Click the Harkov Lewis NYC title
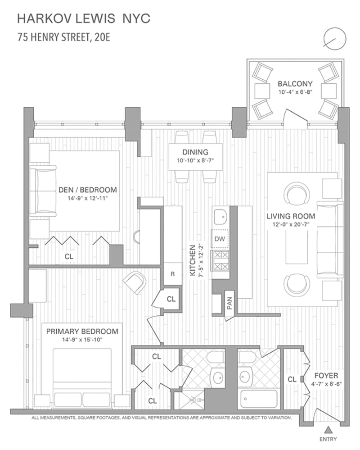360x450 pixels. point(84,19)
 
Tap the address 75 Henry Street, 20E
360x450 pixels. point(63,37)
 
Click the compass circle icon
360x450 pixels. point(335,39)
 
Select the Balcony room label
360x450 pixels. point(295,84)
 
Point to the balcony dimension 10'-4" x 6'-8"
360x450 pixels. point(295,92)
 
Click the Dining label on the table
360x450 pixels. point(195,152)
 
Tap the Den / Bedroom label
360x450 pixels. point(88,190)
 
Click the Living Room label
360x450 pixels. point(291,216)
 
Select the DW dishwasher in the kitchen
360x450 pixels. point(220,239)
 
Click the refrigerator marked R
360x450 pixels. point(172,274)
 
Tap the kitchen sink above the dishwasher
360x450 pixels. point(220,217)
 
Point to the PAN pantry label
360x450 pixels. point(229,303)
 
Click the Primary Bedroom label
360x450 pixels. point(82,332)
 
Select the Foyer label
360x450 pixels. point(326,376)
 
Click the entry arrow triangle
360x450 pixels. point(328,430)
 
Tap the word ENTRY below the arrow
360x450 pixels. point(328,439)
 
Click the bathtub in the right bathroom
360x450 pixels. point(259,399)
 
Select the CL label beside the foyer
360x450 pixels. point(292,379)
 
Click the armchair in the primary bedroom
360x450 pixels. point(135,282)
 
